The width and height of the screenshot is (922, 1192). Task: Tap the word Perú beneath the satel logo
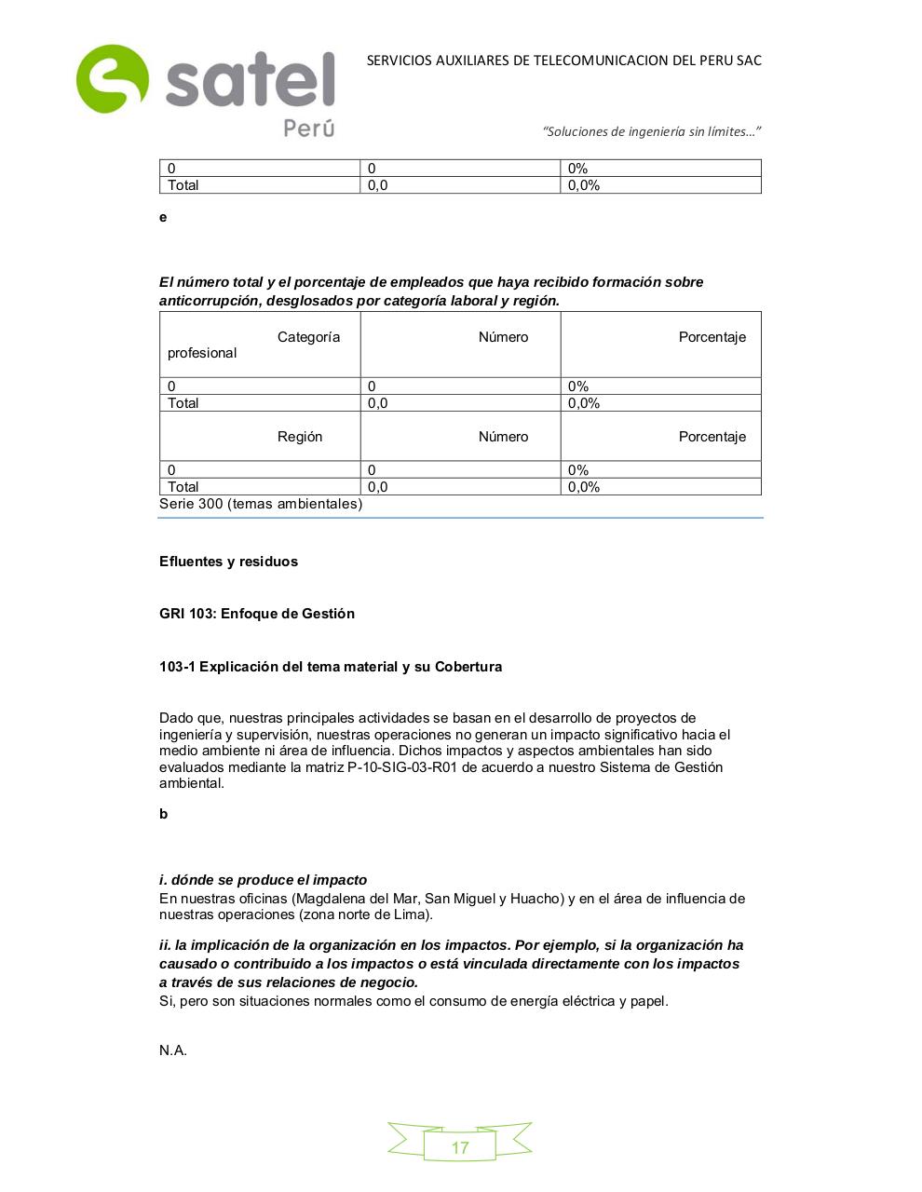click(308, 128)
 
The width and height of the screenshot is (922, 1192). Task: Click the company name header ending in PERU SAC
click(563, 61)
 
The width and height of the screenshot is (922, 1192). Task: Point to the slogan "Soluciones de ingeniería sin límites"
click(652, 131)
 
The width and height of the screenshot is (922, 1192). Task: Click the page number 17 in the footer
click(460, 1147)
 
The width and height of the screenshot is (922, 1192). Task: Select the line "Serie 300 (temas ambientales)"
click(261, 504)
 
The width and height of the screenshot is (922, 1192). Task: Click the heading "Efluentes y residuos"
click(228, 562)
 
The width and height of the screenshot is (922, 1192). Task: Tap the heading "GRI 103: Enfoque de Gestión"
click(257, 614)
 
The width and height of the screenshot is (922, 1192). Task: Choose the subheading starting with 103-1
click(331, 667)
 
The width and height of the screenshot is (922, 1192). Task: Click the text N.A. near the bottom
click(173, 1050)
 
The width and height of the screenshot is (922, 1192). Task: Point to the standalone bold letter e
click(163, 217)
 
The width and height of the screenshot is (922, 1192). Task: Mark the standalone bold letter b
click(163, 814)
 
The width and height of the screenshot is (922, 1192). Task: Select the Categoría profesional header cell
click(260, 345)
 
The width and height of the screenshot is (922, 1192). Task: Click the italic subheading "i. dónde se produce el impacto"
click(263, 880)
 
